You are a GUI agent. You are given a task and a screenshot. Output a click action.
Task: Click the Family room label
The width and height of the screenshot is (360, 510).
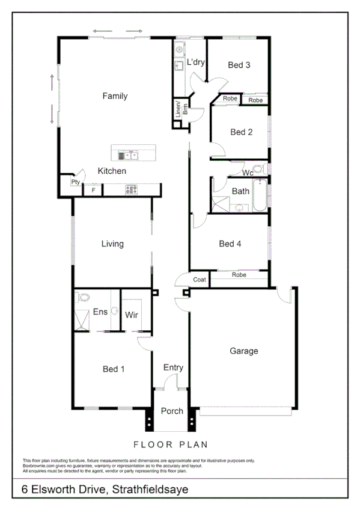coord(115,96)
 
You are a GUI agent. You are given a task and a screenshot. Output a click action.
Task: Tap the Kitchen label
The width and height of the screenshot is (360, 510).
coord(112,171)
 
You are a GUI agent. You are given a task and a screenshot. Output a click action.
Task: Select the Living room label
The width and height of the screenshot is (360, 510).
coord(112,244)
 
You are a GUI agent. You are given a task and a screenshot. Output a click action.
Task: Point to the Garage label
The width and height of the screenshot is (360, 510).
coord(244,351)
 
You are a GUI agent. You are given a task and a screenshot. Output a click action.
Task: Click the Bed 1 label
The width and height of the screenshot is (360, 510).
coord(114,369)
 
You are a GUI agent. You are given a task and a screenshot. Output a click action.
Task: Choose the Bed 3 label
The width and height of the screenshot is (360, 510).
coord(239,65)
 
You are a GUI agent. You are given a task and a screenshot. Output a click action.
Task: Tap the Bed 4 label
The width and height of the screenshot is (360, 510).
coord(230,244)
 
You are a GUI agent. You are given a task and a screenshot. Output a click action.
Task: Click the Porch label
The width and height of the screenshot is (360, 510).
coord(172,411)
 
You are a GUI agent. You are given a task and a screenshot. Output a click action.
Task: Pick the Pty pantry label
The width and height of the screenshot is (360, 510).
coord(75,182)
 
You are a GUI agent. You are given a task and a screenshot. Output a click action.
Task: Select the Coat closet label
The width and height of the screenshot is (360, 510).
coord(200,280)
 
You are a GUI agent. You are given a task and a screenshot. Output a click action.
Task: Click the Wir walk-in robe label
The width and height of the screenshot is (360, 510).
coord(132,315)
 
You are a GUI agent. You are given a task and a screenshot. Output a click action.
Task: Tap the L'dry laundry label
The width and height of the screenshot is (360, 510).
coord(196,62)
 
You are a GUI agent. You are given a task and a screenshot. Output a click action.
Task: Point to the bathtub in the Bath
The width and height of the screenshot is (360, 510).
coord(259,195)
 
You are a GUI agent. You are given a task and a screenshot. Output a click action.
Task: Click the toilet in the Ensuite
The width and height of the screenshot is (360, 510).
coord(83,297)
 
